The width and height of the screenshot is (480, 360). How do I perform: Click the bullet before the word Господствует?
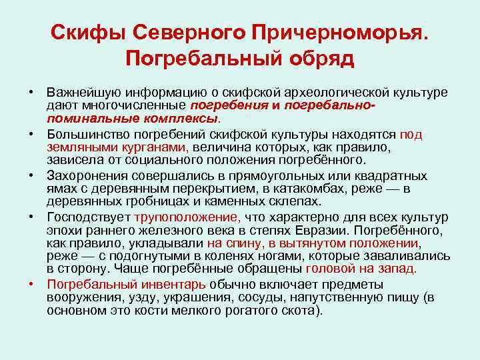click(32, 217)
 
